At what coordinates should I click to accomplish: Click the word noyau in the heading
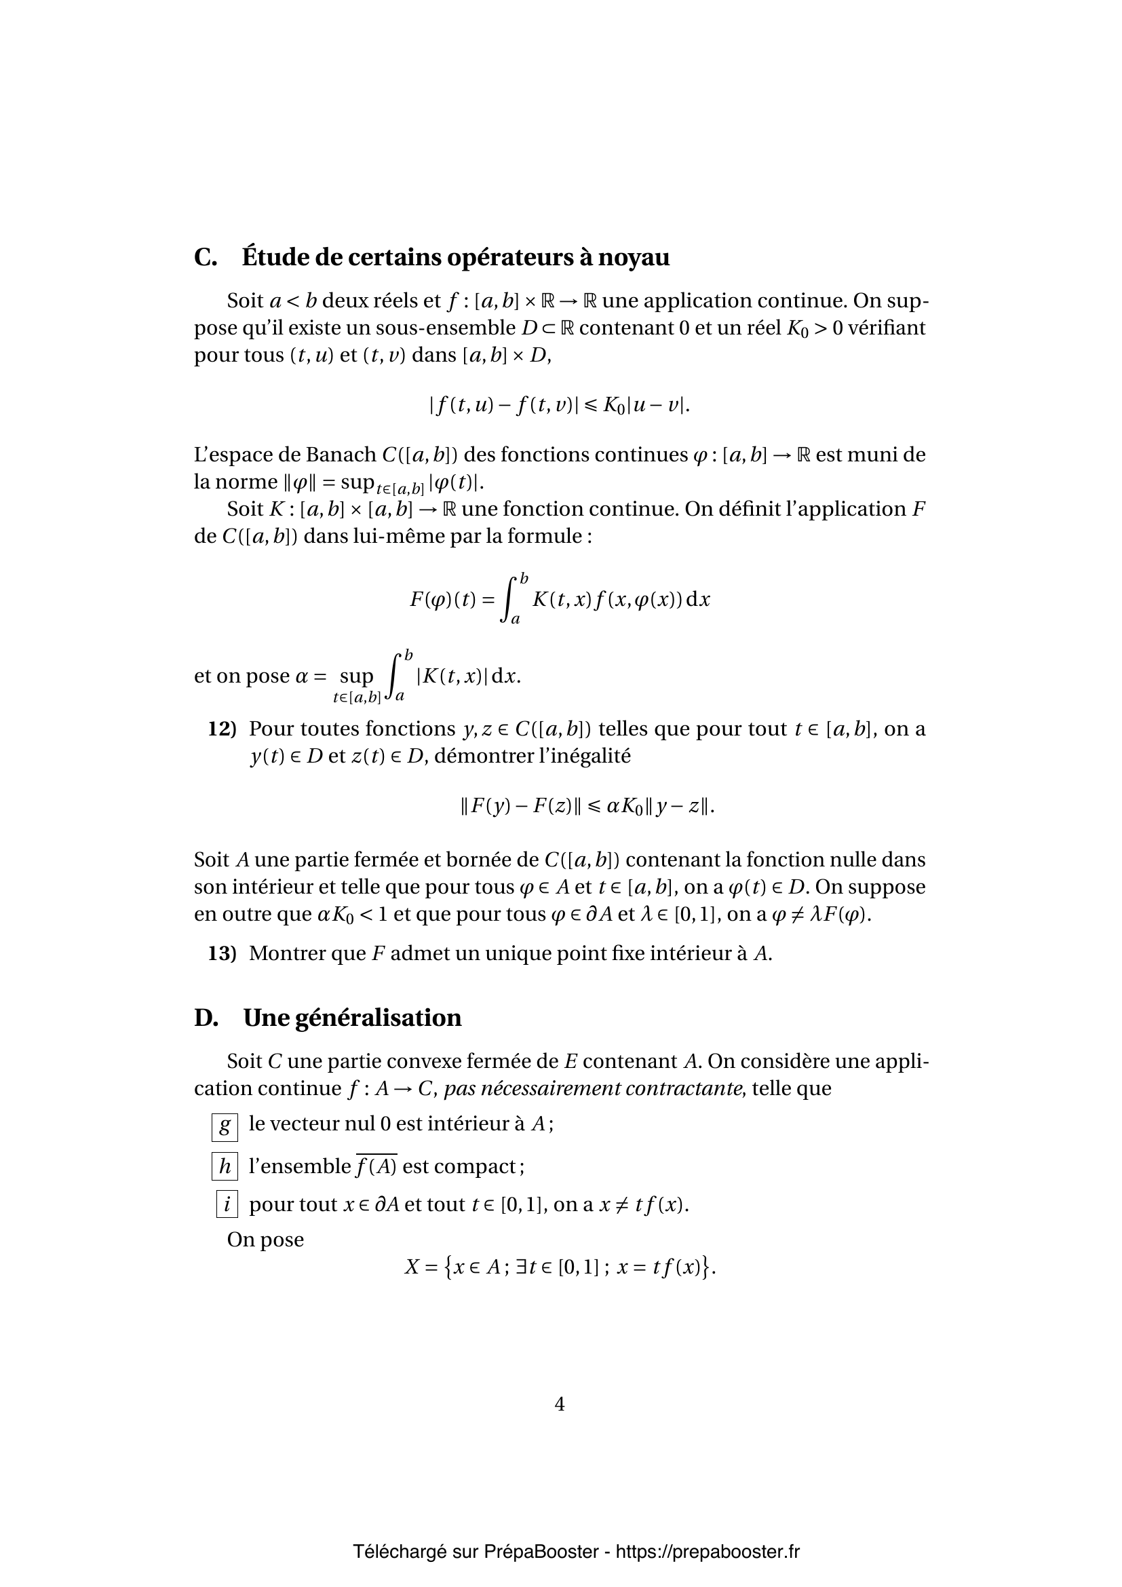(633, 257)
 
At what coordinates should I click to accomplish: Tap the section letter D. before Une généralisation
(206, 1018)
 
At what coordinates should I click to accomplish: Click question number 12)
(223, 729)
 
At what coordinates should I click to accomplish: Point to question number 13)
(223, 953)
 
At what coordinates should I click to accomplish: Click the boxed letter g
(225, 1127)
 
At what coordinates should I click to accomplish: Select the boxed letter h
(225, 1167)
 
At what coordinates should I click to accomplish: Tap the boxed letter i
(227, 1204)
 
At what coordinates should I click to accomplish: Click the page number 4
(560, 1404)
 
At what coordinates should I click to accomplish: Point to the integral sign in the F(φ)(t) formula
(510, 598)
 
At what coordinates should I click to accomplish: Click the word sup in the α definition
(356, 676)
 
